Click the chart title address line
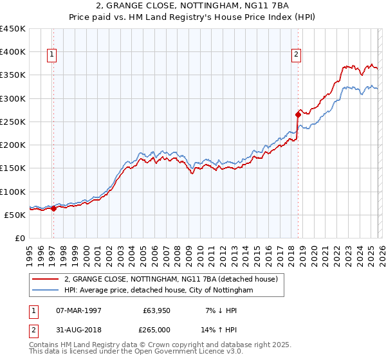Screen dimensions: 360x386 tap(193, 6)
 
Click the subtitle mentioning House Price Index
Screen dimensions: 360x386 tap(193, 17)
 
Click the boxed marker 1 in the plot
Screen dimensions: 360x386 tap(52, 55)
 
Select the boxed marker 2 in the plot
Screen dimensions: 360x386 tap(297, 55)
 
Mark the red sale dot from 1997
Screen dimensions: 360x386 tap(54, 208)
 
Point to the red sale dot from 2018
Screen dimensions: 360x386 tap(298, 115)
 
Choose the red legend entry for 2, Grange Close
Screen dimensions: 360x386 tap(170, 279)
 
